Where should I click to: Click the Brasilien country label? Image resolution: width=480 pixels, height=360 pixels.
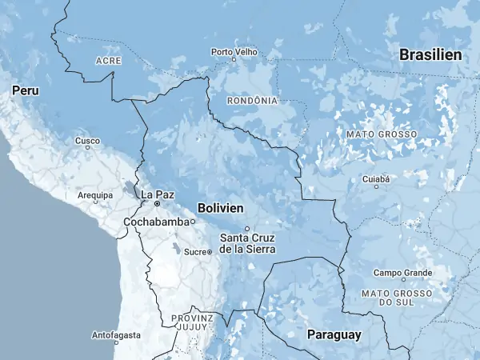430,55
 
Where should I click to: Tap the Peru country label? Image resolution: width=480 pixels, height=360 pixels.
25,92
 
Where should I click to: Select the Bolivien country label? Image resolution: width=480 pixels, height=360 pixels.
220,207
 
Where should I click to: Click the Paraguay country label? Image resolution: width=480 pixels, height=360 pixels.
334,334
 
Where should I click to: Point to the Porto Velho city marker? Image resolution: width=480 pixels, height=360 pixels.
234,59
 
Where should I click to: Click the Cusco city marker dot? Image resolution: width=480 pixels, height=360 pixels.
88,147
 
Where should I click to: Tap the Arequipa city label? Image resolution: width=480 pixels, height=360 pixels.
95,194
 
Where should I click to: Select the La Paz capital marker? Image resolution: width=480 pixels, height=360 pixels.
158,204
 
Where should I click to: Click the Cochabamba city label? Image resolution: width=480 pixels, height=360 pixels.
158,222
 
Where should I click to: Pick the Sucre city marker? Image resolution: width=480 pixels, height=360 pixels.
210,252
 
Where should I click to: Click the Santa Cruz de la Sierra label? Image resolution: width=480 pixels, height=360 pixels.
247,243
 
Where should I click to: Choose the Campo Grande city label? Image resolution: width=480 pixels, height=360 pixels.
402,273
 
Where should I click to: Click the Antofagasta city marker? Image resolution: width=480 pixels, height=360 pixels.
116,342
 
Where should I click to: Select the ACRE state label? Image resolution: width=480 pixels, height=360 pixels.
108,61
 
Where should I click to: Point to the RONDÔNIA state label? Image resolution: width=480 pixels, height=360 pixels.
253,101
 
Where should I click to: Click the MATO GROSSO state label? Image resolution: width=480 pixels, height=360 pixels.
381,135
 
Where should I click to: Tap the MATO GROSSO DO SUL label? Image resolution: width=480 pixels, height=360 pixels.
397,298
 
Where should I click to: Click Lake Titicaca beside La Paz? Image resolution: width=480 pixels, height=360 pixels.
130,190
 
